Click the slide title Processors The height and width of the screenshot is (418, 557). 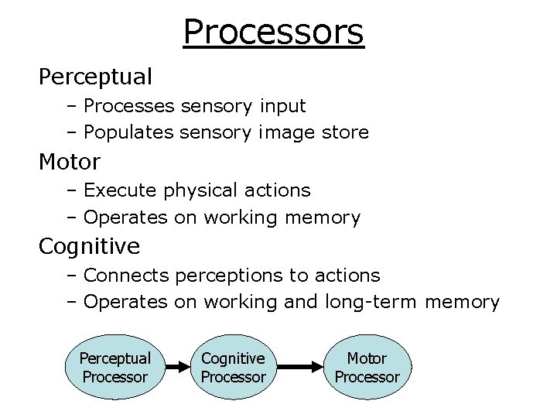(x=273, y=33)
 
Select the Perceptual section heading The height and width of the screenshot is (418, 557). (x=95, y=77)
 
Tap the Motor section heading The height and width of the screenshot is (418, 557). (x=70, y=163)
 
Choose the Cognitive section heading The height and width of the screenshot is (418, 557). (x=90, y=247)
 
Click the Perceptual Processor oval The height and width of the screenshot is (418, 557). (x=114, y=368)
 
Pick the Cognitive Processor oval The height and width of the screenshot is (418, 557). (x=233, y=368)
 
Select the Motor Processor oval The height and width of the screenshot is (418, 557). (x=367, y=368)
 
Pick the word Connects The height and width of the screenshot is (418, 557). (x=127, y=276)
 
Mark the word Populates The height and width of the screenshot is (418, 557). (x=128, y=132)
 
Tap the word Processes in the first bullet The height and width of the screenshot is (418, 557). (x=128, y=105)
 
